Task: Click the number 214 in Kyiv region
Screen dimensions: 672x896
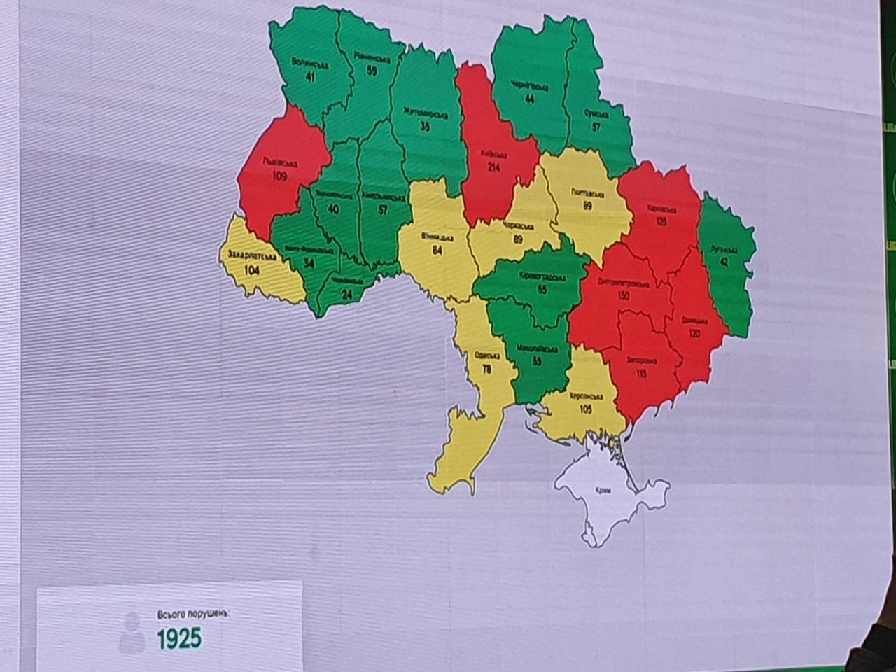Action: click(494, 168)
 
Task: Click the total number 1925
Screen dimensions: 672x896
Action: click(178, 638)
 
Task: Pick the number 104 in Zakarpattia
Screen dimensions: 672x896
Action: click(252, 270)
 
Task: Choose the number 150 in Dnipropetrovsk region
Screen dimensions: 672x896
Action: click(622, 296)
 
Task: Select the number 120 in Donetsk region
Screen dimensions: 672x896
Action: click(694, 334)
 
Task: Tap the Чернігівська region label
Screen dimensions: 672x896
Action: click(528, 87)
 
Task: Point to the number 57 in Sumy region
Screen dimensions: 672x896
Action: click(596, 127)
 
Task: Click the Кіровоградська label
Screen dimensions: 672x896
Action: click(542, 276)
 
